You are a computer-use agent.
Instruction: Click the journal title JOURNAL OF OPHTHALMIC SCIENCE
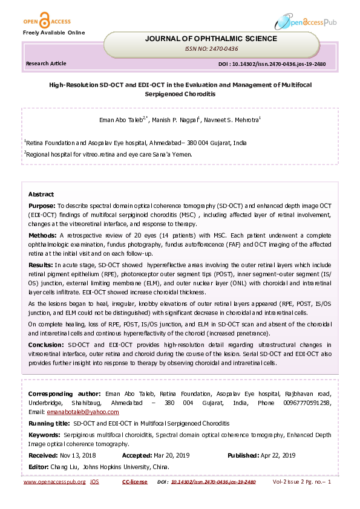coord(211,39)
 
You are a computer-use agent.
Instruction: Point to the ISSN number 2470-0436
coord(211,48)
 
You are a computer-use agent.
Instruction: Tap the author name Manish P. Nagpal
coord(177,120)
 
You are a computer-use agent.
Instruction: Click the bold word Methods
coord(42,234)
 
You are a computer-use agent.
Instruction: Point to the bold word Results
coord(41,265)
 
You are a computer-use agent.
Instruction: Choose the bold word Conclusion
coord(46,344)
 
